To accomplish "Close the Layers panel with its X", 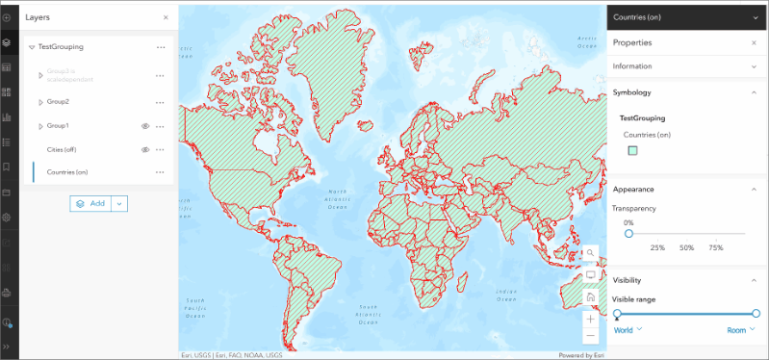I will click(166, 17).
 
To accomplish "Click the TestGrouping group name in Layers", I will click(61, 46).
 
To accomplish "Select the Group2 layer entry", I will click(58, 101).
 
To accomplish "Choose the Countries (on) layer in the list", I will click(67, 172).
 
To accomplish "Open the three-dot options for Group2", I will click(161, 101).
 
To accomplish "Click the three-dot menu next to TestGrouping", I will click(161, 46).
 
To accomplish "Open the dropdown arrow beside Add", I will click(119, 203).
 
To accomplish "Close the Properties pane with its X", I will click(754, 43).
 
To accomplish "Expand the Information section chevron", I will click(754, 66).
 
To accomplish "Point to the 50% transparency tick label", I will click(686, 248).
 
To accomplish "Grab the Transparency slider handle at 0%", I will click(628, 233).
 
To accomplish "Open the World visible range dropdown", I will click(628, 330).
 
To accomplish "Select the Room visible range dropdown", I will click(741, 330).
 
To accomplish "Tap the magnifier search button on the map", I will click(590, 253).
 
